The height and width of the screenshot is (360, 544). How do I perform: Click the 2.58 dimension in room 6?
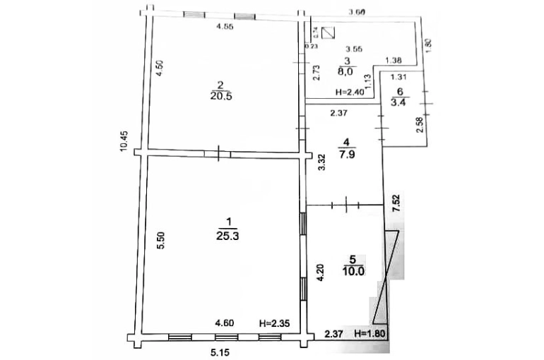pos(420,126)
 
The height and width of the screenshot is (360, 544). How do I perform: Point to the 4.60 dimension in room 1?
pos(225,323)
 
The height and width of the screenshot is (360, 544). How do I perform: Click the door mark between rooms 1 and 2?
pos(220,153)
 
